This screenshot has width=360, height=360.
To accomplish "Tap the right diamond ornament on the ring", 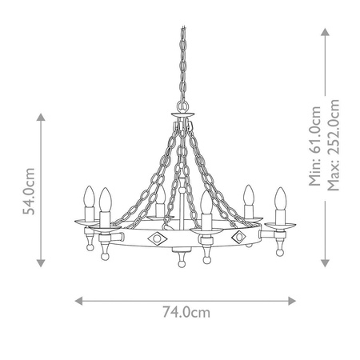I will (x=238, y=238).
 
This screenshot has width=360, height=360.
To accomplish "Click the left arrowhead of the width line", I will (x=78, y=301).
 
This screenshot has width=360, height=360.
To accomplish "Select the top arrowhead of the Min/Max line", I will (x=325, y=31).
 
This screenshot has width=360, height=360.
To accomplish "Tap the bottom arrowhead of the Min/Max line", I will (x=325, y=264).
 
